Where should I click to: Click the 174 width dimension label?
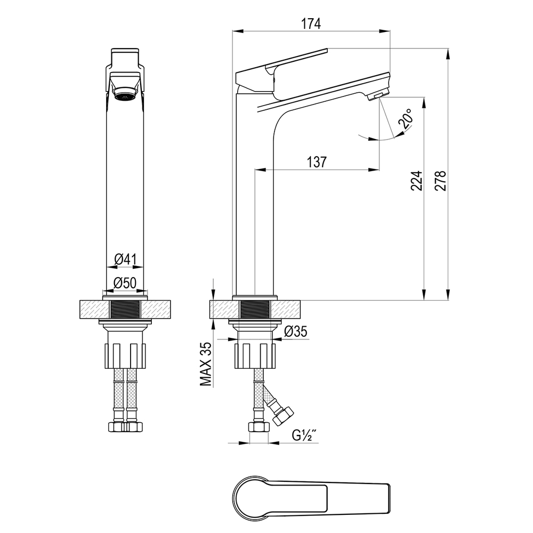pyautogui.click(x=311, y=24)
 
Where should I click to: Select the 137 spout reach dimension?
pyautogui.click(x=317, y=162)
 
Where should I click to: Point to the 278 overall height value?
pyautogui.click(x=440, y=181)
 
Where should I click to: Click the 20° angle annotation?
pyautogui.click(x=406, y=119)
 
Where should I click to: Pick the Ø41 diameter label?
pyautogui.click(x=125, y=260)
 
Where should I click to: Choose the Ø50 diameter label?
pyautogui.click(x=125, y=282)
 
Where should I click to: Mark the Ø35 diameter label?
pyautogui.click(x=296, y=331)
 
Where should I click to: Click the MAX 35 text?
pyautogui.click(x=205, y=364)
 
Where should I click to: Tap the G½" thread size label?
pyautogui.click(x=304, y=435)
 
